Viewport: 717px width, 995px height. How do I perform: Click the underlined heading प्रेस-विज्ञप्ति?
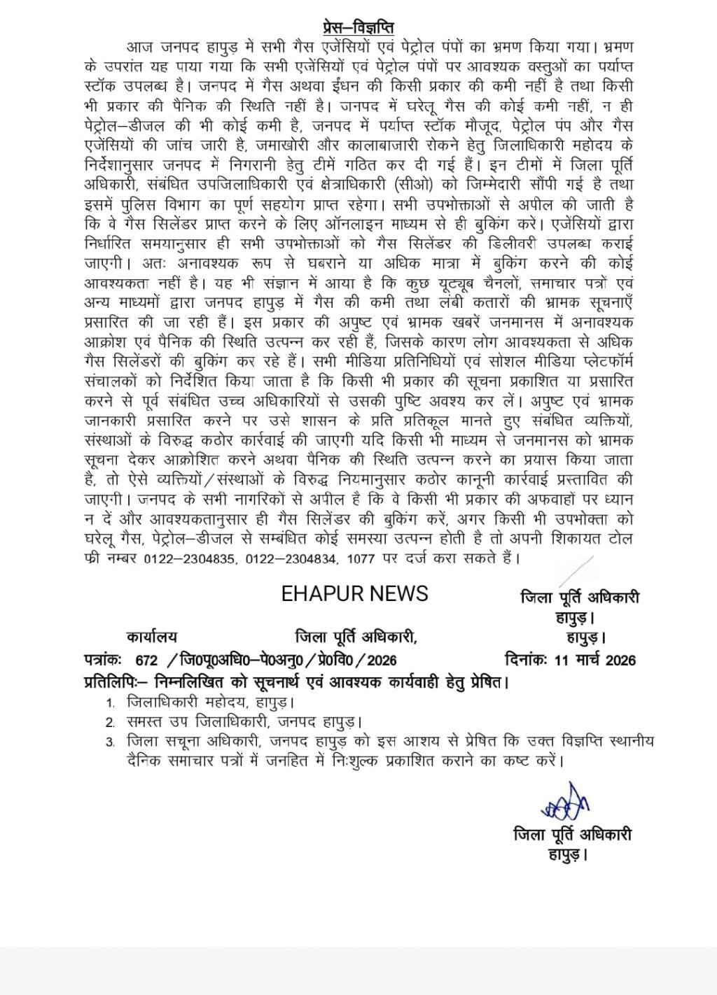pyautogui.click(x=358, y=28)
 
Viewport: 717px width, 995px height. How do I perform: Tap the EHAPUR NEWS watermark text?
pyautogui.click(x=354, y=594)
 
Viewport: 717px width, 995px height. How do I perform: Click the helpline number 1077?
pyautogui.click(x=362, y=559)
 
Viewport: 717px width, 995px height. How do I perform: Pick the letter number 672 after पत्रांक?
pyautogui.click(x=146, y=660)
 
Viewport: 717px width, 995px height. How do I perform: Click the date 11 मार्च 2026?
pyautogui.click(x=594, y=659)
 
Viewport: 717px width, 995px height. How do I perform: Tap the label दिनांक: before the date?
pyautogui.click(x=527, y=659)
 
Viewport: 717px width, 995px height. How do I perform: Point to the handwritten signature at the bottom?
pyautogui.click(x=564, y=802)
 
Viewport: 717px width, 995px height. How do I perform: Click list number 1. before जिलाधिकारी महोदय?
pyautogui.click(x=111, y=703)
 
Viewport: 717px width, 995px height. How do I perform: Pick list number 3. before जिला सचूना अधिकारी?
pyautogui.click(x=111, y=742)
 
